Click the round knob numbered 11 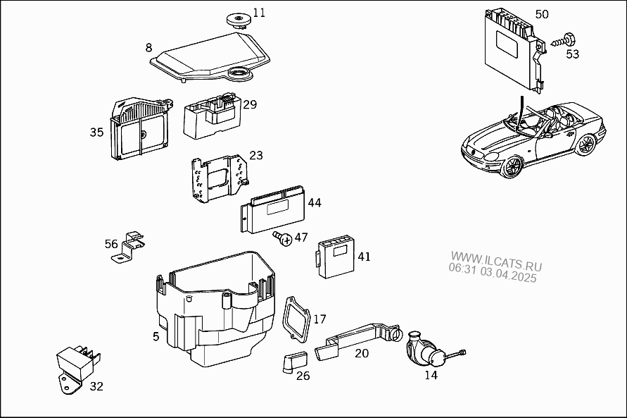coord(239,20)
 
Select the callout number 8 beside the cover coord(148,48)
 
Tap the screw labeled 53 coord(564,40)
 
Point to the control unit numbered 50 coord(514,50)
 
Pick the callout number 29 coord(250,104)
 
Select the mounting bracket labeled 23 coord(219,178)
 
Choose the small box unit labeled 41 coord(336,258)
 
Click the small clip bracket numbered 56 coord(128,247)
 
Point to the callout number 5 coord(156,337)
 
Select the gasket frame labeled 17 coord(296,320)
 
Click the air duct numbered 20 coord(356,338)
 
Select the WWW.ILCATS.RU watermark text coord(496,261)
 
